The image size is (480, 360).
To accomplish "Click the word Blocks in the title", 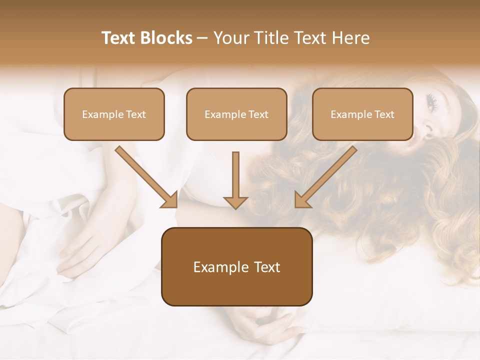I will coord(167,38).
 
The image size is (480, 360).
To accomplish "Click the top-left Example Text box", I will coord(114,114).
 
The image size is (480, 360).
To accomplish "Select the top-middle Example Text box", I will coord(236,114).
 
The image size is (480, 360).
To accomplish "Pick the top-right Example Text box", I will coord(362,114).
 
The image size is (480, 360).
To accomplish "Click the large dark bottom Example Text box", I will coord(236,267).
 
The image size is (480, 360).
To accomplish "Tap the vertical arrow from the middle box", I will coord(235,175).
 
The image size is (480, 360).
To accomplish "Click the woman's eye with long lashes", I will coord(431,102).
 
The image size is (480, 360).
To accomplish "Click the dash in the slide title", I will coord(202,38).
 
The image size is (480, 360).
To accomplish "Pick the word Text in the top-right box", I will coord(384,114).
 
